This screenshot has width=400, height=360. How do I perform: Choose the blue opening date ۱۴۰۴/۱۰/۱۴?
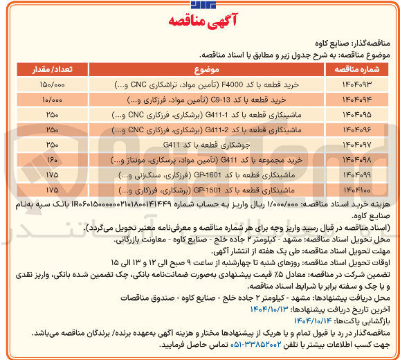click(248, 318)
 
